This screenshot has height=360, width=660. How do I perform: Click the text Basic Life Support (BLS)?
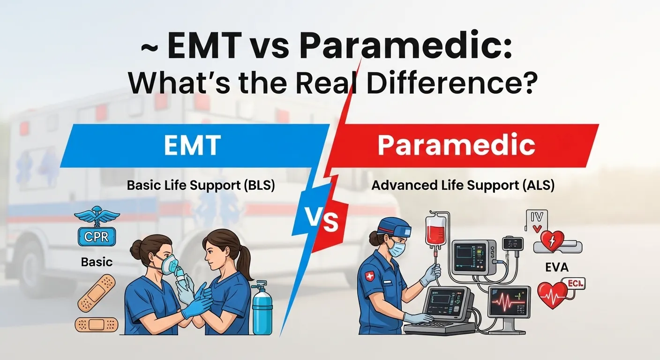coord(201,185)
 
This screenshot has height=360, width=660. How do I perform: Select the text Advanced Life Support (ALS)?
coord(463,185)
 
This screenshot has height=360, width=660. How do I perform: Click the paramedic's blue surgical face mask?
coord(397,248)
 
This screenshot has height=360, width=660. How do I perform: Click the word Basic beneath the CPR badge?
coord(97,262)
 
